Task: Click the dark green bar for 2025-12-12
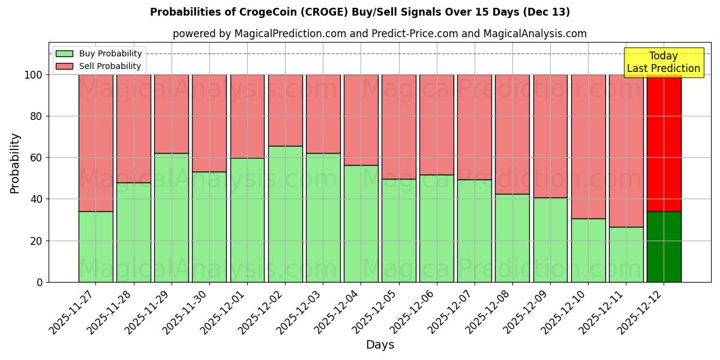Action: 664,247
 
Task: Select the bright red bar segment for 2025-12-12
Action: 664,143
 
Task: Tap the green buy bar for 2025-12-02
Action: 285,214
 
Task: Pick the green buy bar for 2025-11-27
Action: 95,247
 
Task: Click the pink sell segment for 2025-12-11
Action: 626,151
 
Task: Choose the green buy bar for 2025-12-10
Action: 588,250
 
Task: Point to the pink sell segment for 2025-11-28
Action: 133,128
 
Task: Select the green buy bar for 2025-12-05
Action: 398,230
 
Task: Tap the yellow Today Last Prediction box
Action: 663,62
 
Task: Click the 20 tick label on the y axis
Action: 37,241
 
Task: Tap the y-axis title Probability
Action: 15,163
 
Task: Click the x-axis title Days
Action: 380,345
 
